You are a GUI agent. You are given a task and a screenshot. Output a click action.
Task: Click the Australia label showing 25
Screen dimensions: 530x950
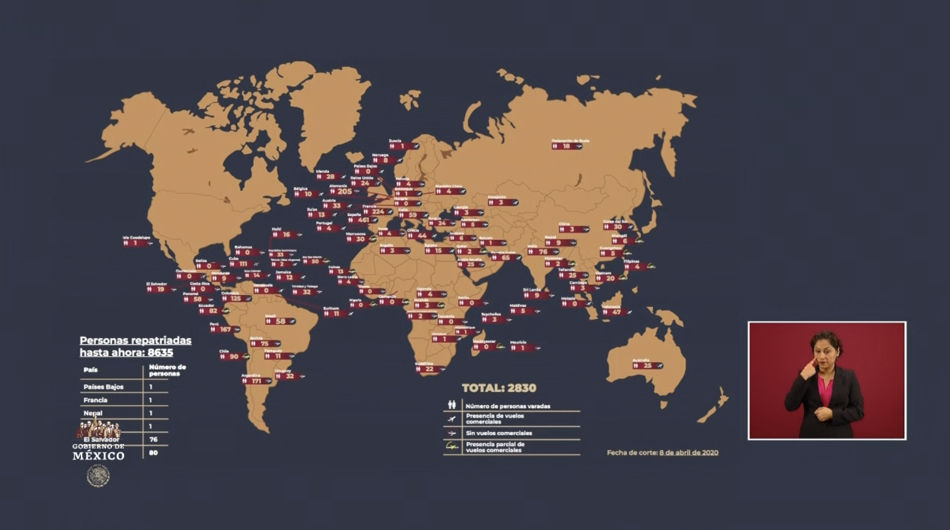(x=647, y=366)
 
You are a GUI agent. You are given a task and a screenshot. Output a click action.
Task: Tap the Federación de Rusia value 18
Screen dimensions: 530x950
(x=566, y=146)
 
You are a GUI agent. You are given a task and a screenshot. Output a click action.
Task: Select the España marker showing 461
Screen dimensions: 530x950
(x=363, y=220)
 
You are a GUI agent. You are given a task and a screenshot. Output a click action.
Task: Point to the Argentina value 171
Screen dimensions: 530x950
(x=256, y=381)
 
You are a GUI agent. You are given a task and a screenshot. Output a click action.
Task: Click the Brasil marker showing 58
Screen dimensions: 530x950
(x=280, y=321)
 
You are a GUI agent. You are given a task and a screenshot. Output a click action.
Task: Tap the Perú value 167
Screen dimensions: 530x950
(x=225, y=329)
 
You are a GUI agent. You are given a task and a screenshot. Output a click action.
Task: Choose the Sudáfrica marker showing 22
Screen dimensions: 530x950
(x=429, y=369)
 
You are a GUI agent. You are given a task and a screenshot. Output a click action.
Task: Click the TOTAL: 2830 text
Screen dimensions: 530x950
(x=499, y=388)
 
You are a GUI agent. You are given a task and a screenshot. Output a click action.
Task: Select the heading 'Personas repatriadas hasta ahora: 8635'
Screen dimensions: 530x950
(x=135, y=346)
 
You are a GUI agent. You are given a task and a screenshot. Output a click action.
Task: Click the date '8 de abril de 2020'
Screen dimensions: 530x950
(x=689, y=453)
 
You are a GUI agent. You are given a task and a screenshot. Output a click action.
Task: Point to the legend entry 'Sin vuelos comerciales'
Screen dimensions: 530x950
(x=498, y=433)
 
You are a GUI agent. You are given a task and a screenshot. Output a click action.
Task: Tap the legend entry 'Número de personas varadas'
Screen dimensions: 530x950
(x=507, y=406)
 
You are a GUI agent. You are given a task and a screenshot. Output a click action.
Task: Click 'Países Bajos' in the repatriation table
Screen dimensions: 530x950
(x=103, y=387)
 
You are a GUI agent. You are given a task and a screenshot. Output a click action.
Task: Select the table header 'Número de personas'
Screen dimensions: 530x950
(x=167, y=370)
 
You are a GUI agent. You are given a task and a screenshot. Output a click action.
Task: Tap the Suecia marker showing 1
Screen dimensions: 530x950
(x=403, y=146)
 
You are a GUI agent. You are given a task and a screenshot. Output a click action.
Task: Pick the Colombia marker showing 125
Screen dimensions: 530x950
(x=236, y=299)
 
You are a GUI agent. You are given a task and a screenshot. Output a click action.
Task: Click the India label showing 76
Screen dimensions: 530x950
(x=543, y=252)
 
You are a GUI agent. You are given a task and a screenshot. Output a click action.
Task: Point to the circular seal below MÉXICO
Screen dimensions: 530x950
(x=98, y=475)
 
